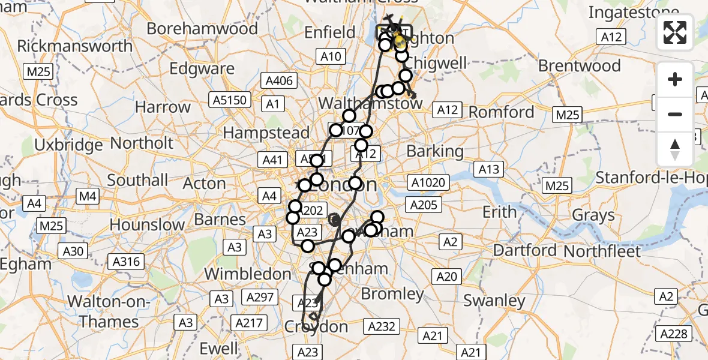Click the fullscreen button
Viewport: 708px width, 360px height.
pos(675,32)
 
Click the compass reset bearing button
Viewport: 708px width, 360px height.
pos(675,149)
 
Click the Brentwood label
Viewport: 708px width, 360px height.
pos(579,65)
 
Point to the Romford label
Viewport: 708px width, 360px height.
pos(501,112)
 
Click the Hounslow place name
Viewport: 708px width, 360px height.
pos(148,226)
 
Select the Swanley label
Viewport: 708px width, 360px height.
pos(494,300)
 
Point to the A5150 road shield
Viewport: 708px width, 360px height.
pos(229,100)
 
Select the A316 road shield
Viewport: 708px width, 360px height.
pos(126,261)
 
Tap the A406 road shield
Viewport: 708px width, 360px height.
pos(279,81)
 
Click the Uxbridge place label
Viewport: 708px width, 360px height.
pos(68,145)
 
